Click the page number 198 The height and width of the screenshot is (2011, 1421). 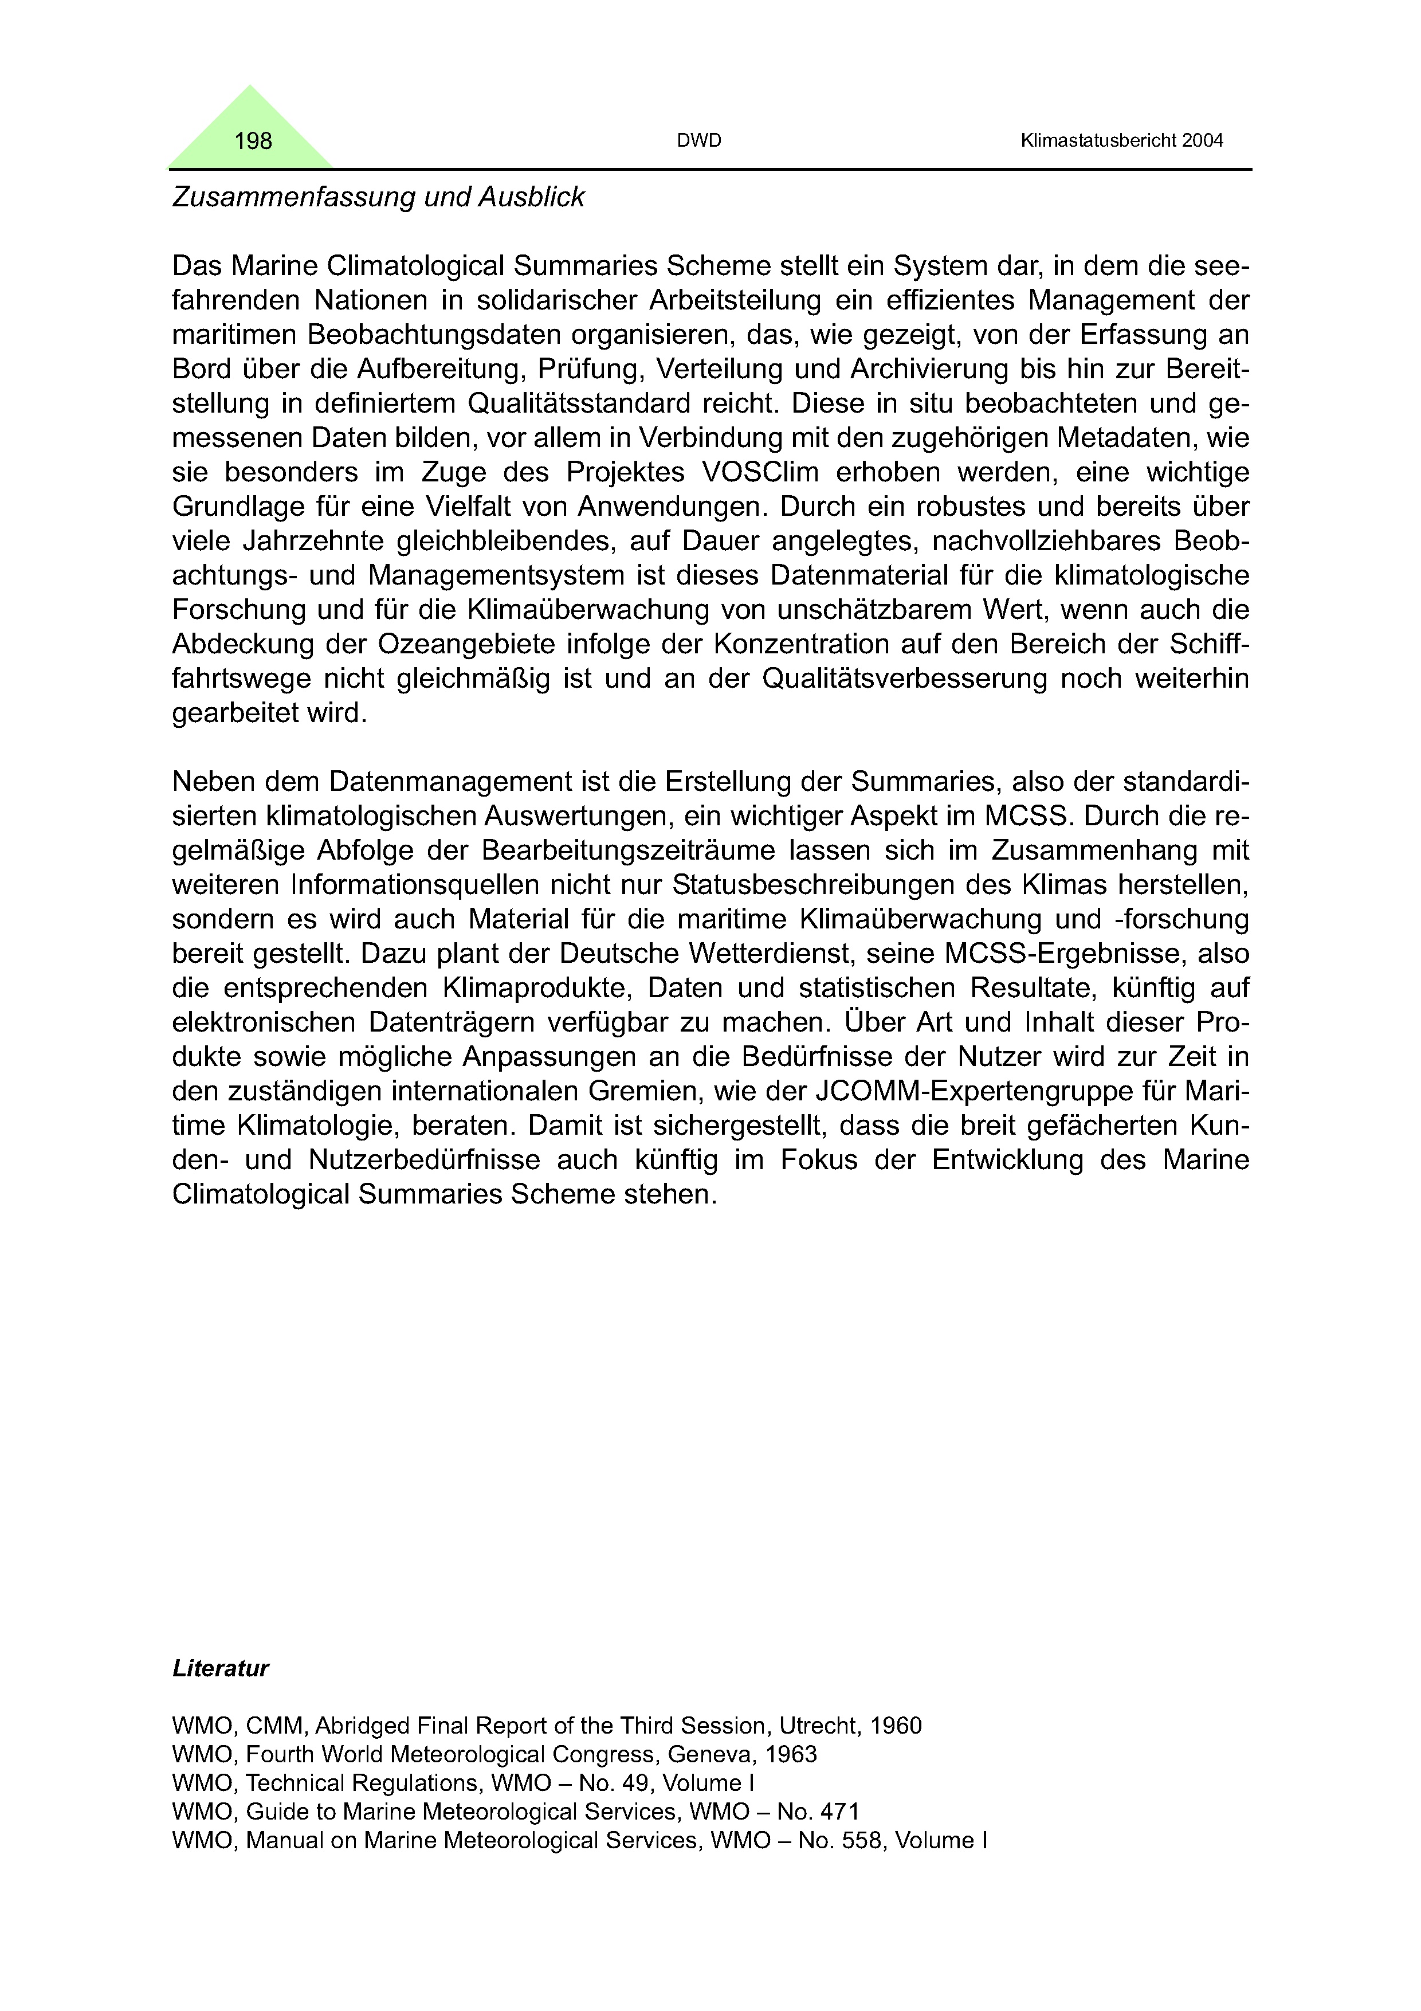pyautogui.click(x=253, y=141)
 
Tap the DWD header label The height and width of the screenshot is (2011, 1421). pyautogui.click(x=698, y=141)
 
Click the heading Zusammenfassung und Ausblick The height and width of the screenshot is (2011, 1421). pyautogui.click(x=378, y=197)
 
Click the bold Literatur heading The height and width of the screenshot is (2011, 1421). pyautogui.click(x=221, y=1668)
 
